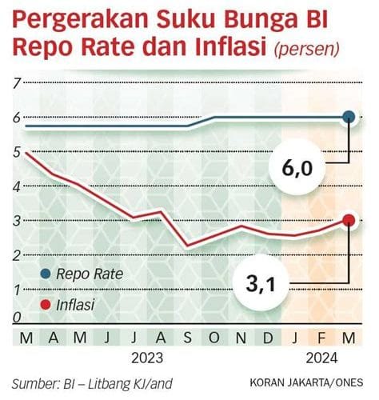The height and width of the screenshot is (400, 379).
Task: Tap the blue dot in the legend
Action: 45,274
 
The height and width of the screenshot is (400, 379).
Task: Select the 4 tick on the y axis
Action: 16,186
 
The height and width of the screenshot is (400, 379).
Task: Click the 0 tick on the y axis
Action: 16,317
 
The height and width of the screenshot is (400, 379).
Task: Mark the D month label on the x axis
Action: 269,337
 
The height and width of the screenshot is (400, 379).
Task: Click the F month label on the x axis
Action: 321,337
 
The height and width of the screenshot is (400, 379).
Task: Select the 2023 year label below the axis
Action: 149,355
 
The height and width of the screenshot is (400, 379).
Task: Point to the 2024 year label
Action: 321,355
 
